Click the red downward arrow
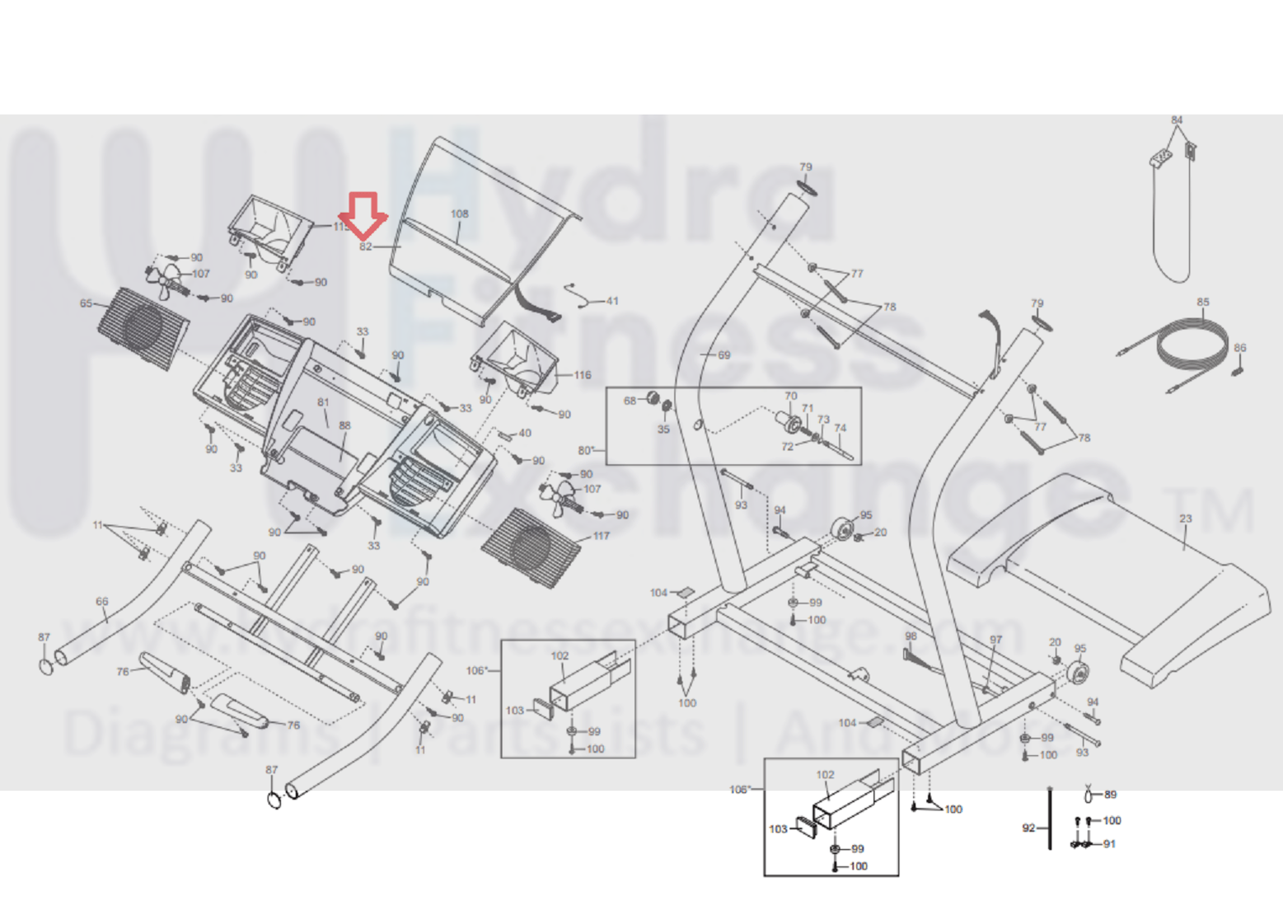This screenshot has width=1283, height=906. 363,214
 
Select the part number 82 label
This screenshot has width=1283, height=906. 366,246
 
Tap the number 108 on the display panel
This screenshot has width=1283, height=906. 459,214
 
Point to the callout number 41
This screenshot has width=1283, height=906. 611,301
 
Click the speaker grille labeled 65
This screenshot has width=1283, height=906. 143,328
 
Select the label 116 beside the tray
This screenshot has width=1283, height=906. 583,375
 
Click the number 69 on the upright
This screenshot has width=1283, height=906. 723,355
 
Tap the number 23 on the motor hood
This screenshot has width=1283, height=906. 1185,519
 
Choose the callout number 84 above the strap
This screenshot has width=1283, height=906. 1177,120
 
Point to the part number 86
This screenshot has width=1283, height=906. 1240,348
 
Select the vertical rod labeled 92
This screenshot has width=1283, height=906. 1049,818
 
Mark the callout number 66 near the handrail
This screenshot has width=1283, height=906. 102,602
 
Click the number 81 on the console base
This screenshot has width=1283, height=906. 323,403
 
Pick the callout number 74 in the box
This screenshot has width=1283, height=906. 840,428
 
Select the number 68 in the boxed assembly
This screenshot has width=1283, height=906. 630,401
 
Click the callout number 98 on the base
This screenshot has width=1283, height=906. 911,636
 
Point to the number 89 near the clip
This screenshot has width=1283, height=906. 1110,795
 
